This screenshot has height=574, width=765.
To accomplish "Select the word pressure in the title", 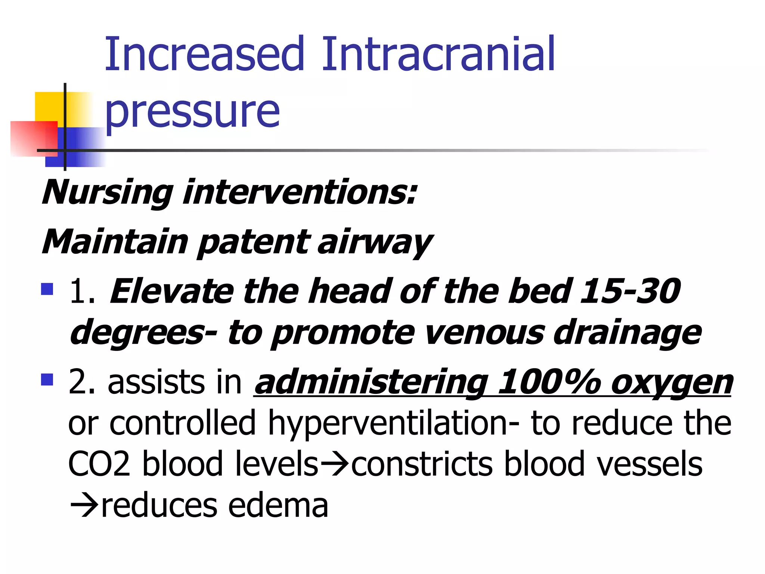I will [192, 111].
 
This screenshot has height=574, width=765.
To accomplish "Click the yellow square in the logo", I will [49, 107].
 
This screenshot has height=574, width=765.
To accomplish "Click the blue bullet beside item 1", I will [47, 289].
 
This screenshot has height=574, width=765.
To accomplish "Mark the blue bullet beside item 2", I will [47, 380].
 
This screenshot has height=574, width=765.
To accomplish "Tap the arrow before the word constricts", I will [335, 465].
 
